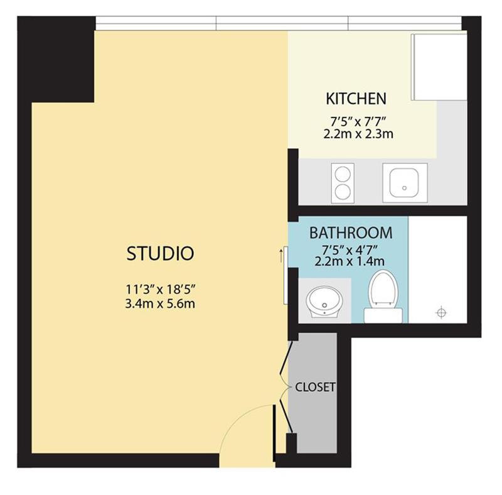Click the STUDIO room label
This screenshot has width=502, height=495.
point(161,253)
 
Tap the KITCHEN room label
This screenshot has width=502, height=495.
point(356,99)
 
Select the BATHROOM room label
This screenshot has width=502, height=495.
point(351,233)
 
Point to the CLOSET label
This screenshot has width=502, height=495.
point(315,387)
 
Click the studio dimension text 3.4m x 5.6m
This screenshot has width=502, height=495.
point(160,303)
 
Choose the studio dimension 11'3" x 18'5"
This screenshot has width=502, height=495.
point(160,290)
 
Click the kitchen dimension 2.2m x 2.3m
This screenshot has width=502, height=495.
point(358,134)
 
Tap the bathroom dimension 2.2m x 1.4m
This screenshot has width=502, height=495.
point(350,261)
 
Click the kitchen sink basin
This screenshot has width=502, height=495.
point(404,183)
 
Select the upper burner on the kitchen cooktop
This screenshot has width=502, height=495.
point(343,175)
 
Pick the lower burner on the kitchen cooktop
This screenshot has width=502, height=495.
point(343,192)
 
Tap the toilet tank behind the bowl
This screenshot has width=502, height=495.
point(383,315)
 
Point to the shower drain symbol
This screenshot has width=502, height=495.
point(441,312)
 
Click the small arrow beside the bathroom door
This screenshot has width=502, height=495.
point(281,255)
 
